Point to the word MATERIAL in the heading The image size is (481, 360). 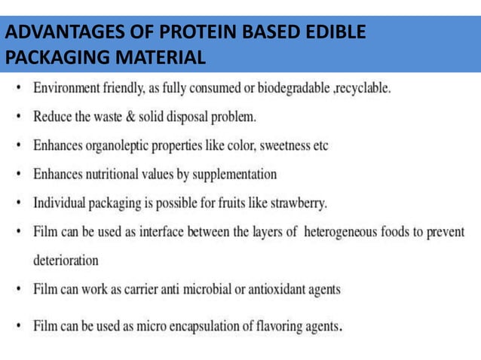(x=163, y=57)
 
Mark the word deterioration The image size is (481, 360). (x=66, y=261)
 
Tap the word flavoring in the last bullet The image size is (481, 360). (x=276, y=326)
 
